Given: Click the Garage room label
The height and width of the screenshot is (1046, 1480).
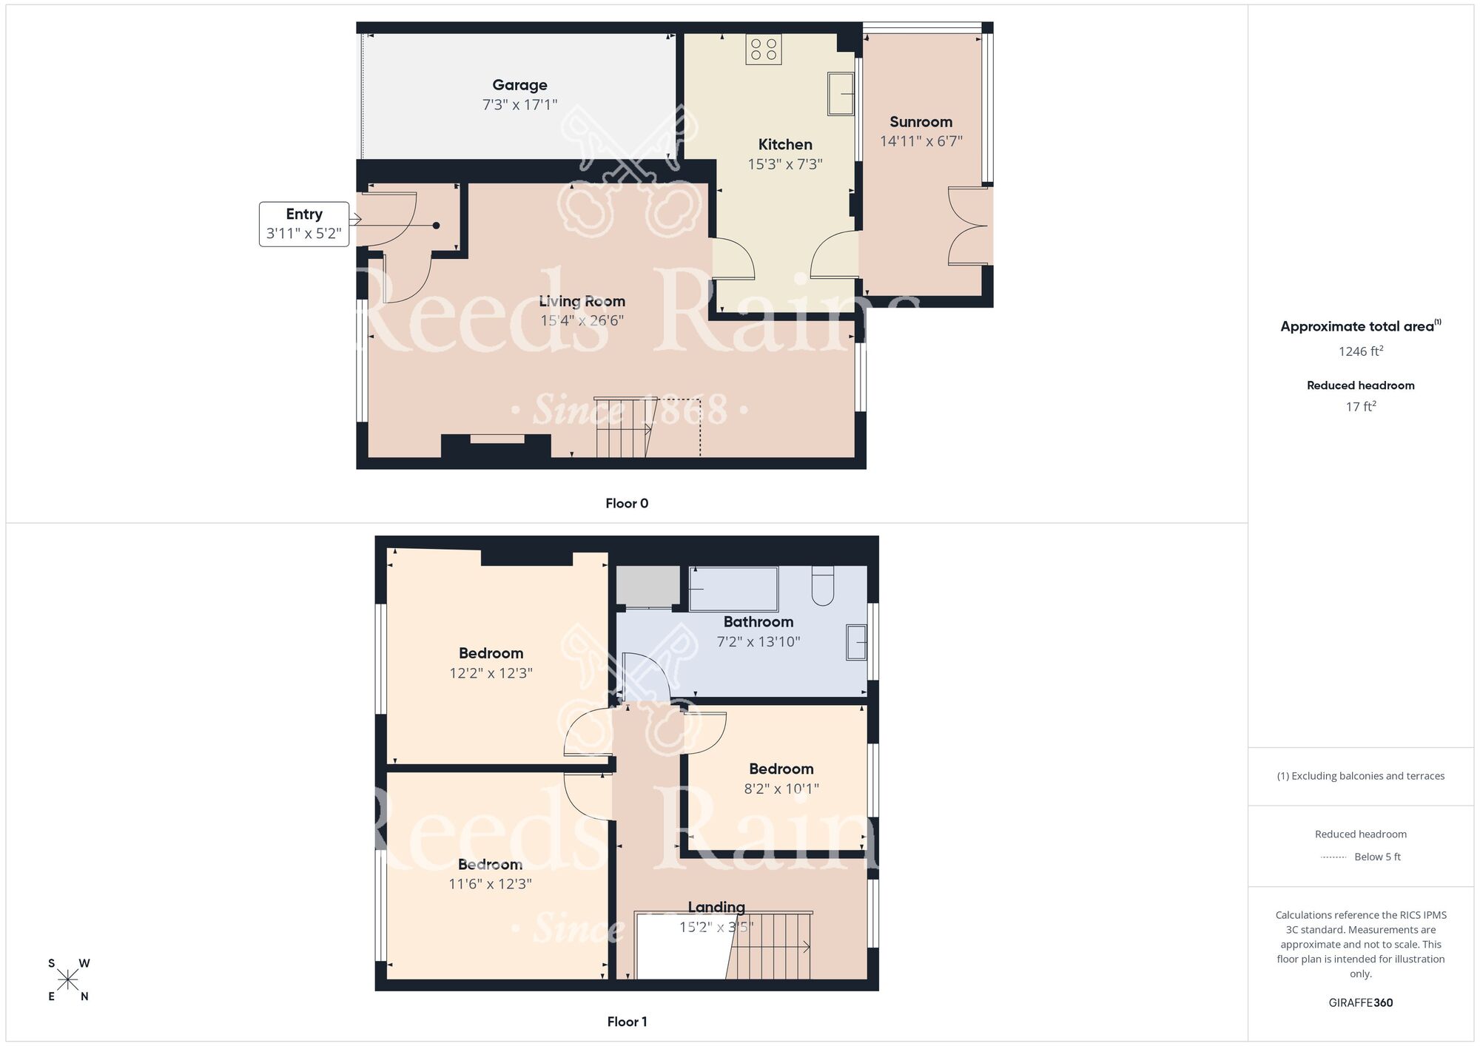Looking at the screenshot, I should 519,85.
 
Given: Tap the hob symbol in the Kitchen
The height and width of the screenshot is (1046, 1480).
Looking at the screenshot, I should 764,50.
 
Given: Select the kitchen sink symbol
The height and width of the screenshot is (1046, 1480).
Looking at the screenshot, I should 841,93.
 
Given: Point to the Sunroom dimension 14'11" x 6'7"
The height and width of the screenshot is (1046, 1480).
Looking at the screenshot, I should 921,141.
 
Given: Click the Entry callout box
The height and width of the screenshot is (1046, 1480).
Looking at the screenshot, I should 304,223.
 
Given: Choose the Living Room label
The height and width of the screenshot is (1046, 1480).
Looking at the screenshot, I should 582,301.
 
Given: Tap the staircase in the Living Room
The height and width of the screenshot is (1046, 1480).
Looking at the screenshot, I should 623,427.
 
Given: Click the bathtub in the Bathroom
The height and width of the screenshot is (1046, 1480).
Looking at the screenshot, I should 733,589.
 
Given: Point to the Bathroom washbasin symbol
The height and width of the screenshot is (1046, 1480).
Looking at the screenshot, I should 857,642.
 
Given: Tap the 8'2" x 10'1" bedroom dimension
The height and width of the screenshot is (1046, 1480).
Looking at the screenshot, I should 781,789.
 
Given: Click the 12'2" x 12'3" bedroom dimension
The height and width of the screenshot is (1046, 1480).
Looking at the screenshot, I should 491,673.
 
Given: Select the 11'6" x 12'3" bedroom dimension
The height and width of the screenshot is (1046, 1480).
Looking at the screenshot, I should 490,884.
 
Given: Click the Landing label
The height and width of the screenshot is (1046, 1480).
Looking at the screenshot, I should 716,907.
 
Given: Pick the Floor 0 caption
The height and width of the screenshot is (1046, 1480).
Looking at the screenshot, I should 627,504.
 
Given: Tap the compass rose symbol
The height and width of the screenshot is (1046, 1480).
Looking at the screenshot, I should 68,980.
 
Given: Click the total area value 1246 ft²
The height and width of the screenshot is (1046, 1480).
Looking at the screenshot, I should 1360,351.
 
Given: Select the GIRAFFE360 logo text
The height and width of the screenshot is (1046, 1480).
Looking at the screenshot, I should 1360,1003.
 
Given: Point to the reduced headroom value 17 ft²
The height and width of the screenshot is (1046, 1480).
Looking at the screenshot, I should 1360,406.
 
